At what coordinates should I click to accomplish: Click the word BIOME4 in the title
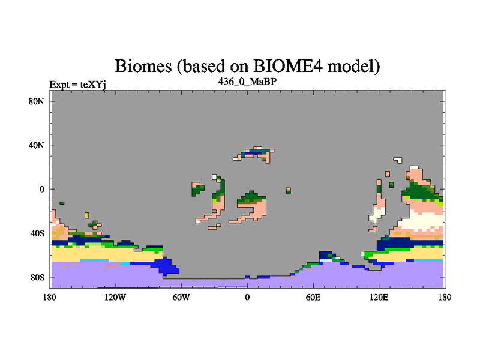pos(288,66)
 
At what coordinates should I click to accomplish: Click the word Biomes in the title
pos(143,66)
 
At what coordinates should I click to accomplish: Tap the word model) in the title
pos(353,67)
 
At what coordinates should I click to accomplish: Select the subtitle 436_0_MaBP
pos(247,82)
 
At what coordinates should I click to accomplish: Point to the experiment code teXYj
pos(93,85)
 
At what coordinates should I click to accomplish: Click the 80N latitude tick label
pos(36,101)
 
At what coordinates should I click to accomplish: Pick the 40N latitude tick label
pos(36,145)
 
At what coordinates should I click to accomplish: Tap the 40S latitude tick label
pos(37,233)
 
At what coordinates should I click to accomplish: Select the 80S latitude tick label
pos(37,277)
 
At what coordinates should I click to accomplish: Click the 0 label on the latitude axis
pos(41,189)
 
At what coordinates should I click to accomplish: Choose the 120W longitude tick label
pos(115,297)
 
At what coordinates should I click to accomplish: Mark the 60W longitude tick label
pos(181,297)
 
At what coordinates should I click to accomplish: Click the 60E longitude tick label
pos(313,297)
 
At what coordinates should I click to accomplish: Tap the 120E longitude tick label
pos(379,297)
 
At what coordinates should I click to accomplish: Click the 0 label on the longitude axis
pos(247,297)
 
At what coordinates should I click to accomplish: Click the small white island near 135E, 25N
pos(398,160)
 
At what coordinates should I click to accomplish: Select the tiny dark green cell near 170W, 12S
pos(62,203)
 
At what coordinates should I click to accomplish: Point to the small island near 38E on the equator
pos(289,190)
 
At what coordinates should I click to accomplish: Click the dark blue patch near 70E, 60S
pos(325,255)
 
